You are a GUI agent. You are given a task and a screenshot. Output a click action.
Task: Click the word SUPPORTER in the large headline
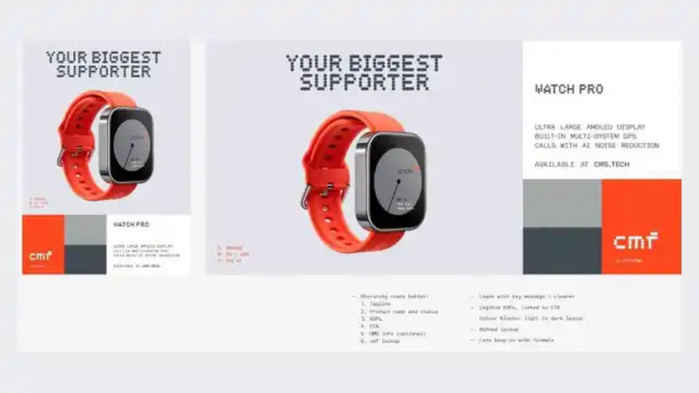click(364, 83)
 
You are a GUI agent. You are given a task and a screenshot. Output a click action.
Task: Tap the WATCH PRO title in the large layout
click(569, 89)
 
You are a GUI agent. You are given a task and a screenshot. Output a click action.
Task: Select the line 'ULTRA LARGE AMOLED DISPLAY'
click(590, 127)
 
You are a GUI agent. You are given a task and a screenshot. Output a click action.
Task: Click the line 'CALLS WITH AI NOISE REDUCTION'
click(597, 145)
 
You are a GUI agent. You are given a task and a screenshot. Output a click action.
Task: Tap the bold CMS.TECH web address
click(611, 164)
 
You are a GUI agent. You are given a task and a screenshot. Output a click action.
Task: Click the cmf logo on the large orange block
click(636, 240)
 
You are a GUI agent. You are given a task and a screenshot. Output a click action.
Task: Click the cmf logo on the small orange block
click(40, 256)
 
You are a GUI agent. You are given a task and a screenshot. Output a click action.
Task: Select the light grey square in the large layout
click(562, 203)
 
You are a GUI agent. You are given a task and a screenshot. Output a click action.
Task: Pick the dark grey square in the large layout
click(562, 250)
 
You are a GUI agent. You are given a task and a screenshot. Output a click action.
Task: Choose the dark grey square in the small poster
click(85, 260)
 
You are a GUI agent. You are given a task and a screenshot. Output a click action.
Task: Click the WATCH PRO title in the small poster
click(131, 224)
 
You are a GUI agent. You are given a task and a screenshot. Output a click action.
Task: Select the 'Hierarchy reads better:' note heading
click(393, 297)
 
